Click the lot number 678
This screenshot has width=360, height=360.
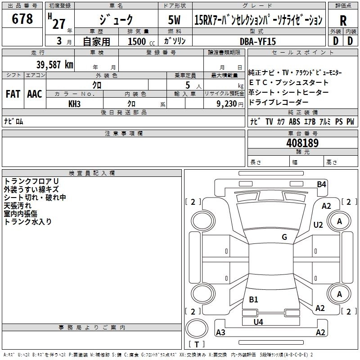(x=22, y=18)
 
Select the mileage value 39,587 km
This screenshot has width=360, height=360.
(x=55, y=65)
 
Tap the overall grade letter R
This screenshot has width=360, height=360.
(x=343, y=21)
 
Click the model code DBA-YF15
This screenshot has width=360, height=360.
(x=257, y=41)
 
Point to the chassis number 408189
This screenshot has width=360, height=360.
(x=302, y=143)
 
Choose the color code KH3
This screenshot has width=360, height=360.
(x=74, y=104)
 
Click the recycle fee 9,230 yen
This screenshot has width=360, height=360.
(x=230, y=104)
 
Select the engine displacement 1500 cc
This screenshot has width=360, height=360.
(x=141, y=41)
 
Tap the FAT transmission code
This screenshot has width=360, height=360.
(x=13, y=94)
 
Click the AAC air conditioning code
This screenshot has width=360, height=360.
(x=35, y=94)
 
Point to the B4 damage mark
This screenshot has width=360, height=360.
(x=321, y=184)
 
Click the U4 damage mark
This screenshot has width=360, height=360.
(x=258, y=322)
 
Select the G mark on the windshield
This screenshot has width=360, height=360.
(x=284, y=237)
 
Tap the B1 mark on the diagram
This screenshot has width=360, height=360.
(x=253, y=299)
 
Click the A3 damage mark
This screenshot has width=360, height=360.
(x=220, y=332)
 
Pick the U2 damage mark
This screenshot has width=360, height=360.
(x=318, y=225)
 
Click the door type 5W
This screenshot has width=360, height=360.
(x=174, y=20)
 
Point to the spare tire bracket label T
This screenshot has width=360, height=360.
(x=197, y=344)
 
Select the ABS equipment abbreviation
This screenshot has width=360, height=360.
(x=294, y=121)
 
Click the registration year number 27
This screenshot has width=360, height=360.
(x=59, y=24)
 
